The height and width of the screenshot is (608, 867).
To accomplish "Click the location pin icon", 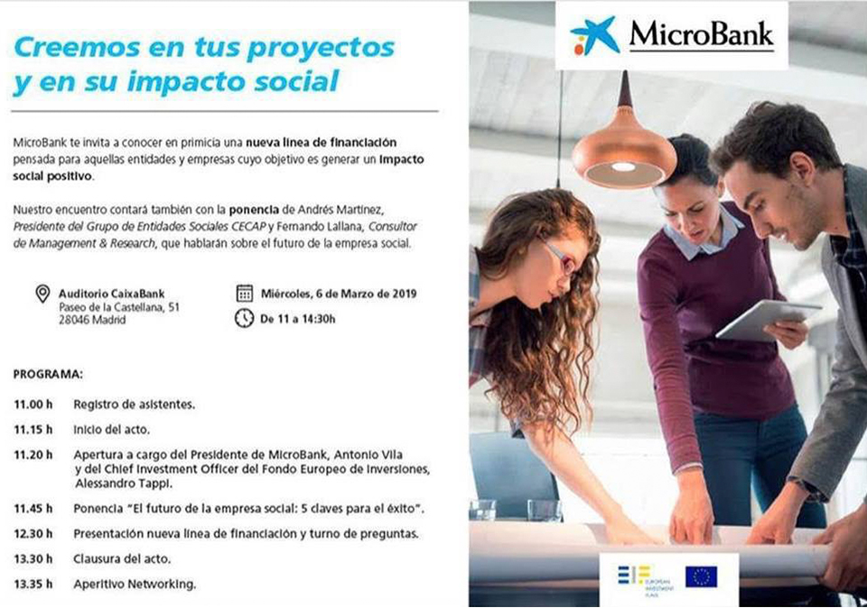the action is (42, 294).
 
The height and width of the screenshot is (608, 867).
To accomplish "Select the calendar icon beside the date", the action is (245, 294).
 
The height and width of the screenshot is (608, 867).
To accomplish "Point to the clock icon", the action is (245, 318).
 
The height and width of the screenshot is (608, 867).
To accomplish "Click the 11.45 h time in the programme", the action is (33, 509).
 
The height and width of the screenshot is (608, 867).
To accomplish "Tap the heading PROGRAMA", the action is (48, 375).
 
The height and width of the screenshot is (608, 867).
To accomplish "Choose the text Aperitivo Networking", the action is (135, 585).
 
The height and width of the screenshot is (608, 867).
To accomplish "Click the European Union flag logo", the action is (701, 576).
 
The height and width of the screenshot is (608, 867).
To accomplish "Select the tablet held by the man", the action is (769, 319).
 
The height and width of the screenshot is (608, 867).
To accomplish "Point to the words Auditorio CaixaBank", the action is (112, 294).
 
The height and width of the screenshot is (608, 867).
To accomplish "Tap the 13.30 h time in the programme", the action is (33, 558).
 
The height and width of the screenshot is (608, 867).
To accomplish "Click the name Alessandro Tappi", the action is (124, 483).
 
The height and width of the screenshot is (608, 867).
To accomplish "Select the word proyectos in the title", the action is (321, 49).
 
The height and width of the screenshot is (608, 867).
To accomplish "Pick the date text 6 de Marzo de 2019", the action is (366, 294).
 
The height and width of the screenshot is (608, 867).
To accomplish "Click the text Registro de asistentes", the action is (135, 405).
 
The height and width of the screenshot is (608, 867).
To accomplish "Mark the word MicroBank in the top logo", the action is (702, 34).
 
